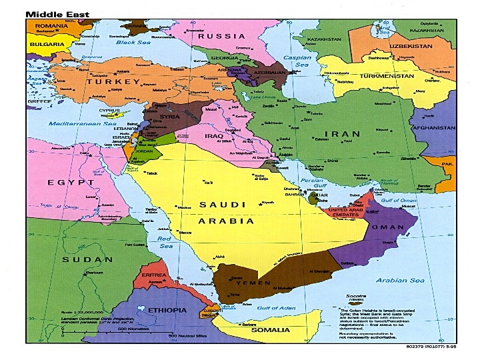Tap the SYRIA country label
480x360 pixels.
point(169,117)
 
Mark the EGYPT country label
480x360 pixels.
point(71,182)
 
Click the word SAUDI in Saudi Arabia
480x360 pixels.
point(223,205)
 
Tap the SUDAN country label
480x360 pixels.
point(87,259)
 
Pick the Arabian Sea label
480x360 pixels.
point(400,280)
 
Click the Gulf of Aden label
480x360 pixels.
point(275,307)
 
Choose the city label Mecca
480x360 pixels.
point(185,232)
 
